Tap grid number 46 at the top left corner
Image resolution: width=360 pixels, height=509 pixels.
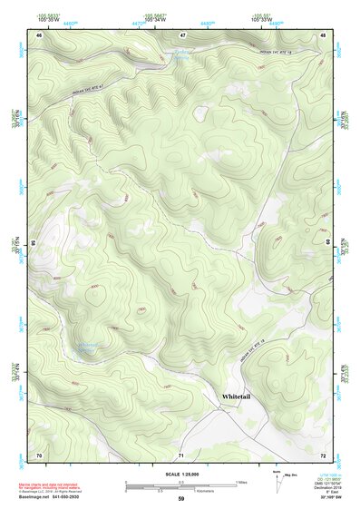39,35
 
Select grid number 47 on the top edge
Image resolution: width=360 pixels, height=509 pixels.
181,35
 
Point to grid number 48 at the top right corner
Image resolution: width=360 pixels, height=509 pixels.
324,35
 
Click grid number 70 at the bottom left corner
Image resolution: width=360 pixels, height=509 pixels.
39,454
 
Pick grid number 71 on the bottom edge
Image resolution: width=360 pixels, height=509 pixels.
181,454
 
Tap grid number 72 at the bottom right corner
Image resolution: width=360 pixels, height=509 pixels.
324,454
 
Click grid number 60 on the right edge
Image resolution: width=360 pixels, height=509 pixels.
327,243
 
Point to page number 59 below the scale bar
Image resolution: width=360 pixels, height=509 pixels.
181,498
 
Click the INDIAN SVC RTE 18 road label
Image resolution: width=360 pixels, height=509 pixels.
272,56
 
